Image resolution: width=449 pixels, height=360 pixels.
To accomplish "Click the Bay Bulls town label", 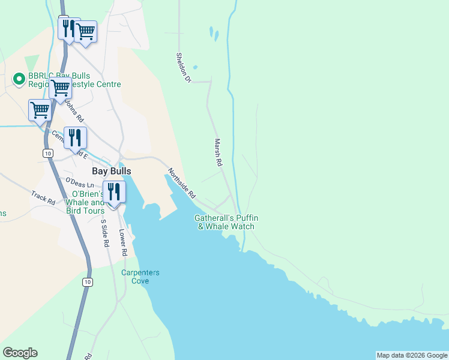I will pos(111,171).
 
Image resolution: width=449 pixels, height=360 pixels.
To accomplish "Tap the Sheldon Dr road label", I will pos(182,67).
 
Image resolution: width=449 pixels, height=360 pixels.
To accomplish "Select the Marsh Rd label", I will pos(218,153).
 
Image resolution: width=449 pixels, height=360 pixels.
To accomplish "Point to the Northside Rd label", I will pos(182,184).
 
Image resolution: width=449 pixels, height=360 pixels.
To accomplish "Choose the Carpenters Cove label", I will pos(140,277).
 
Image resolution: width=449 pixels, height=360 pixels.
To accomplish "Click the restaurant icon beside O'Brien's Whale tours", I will pos(113,191).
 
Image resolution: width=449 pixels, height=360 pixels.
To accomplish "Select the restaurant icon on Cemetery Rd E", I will pos(75,137).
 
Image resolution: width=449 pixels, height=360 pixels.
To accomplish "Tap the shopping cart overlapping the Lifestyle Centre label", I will pos(61,88).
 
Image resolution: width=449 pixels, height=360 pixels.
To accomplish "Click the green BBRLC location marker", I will pos(19,78).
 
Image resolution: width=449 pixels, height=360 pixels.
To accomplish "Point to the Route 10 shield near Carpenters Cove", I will pos(88,282).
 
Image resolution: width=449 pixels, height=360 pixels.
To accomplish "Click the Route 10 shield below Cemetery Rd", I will pos(47,154).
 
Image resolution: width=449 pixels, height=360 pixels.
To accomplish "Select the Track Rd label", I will pos(43,197).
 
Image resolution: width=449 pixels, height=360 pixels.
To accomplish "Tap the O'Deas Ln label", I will pos(80,182).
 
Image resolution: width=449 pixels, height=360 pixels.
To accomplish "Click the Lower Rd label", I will pos(123,243).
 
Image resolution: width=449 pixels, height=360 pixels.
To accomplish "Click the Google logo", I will pos(20,353).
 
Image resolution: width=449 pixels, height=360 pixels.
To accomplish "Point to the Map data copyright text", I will pos(411,355).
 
